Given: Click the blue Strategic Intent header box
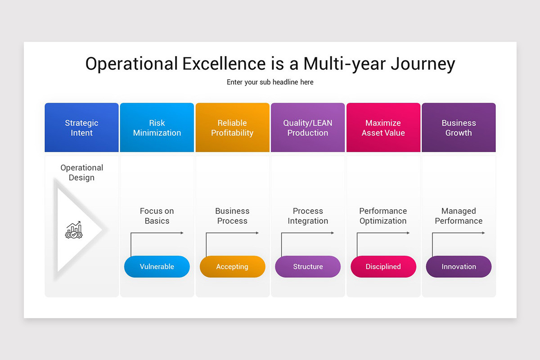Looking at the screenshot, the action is coord(81,127).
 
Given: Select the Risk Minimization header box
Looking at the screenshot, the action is coord(157,127).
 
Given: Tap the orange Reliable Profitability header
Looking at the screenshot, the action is coord(232,127).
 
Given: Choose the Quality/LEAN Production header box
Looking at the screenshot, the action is coord(308,127).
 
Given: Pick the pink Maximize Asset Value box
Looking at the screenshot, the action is coord(383,127).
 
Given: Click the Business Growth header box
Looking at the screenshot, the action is coord(459,127).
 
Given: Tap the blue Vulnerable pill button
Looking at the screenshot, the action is coord(157,266).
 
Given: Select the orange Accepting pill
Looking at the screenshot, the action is coord(232,266).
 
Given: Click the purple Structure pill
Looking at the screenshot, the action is coord(308,266).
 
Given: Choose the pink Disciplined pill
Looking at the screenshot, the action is coord(383,266).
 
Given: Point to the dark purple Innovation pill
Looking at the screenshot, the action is coord(459,266).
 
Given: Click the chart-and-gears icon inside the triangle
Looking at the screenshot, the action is coord(74,230).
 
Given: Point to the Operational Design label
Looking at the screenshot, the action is coord(82,172).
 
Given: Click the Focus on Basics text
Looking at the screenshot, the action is coord(157,216).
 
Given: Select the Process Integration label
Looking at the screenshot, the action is coord(308,216).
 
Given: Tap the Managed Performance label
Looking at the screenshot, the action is coord(459,216).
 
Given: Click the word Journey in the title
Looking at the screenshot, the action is coord(423,64).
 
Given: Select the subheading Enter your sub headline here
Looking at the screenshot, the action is coord(270,82).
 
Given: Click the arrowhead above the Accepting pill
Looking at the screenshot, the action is coord(257,233).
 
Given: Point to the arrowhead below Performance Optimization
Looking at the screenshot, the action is coord(408,233).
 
